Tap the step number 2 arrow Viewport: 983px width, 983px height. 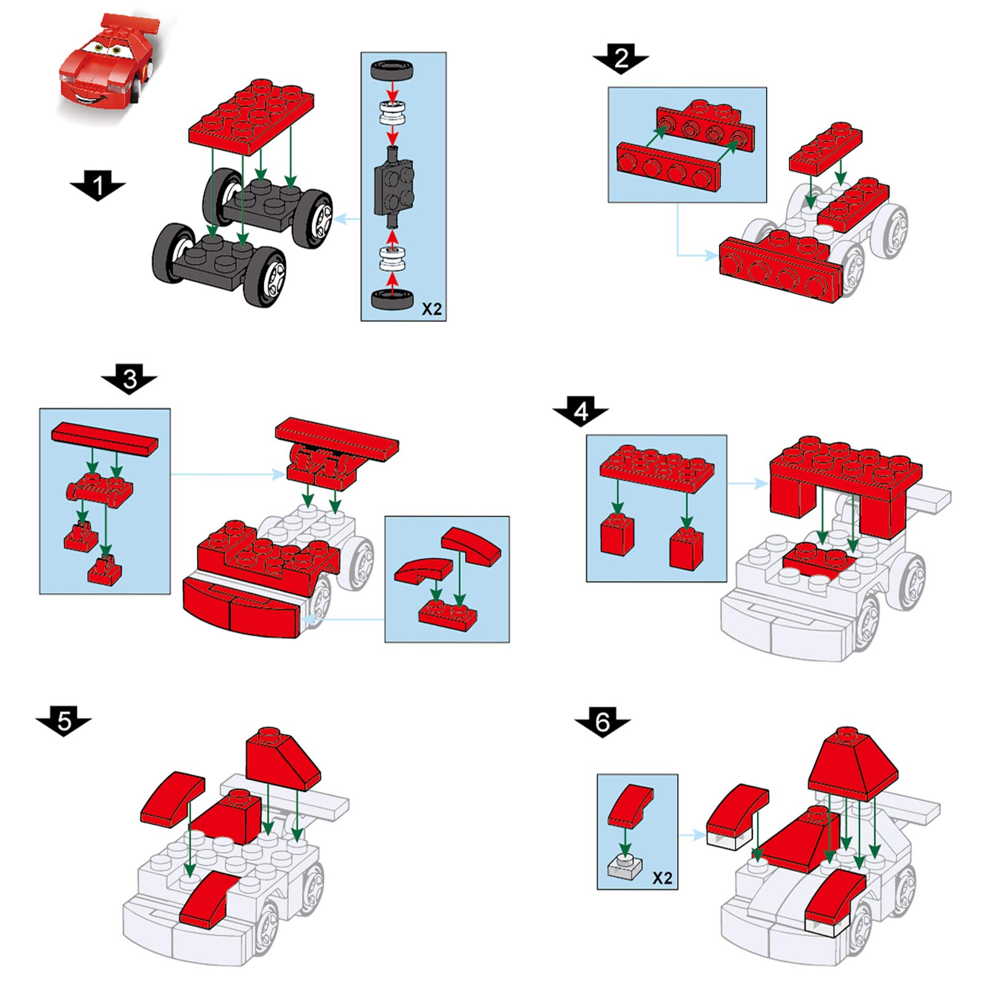click(621, 58)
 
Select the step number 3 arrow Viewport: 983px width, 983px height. click(129, 378)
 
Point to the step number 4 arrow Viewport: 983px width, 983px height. click(581, 411)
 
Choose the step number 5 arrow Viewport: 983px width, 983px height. click(64, 721)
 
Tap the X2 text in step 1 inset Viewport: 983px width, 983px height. click(431, 309)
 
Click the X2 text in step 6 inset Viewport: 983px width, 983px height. click(662, 878)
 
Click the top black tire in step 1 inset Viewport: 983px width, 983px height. click(391, 69)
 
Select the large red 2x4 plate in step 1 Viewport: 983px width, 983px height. click(251, 117)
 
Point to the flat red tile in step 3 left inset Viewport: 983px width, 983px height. click(104, 438)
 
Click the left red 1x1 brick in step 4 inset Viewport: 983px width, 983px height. click(617, 534)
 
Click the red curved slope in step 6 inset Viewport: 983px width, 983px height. click(631, 805)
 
